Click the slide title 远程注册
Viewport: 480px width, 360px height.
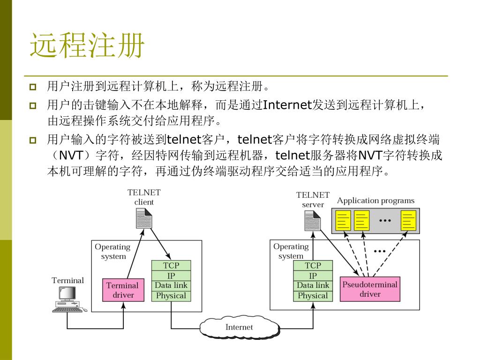(x=87, y=45)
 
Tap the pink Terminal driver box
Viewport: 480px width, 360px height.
(x=123, y=290)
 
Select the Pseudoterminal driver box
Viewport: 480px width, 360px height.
(x=370, y=289)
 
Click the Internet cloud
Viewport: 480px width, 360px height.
(x=239, y=327)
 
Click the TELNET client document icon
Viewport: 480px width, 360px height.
(x=144, y=218)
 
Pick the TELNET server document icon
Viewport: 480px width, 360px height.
(x=312, y=221)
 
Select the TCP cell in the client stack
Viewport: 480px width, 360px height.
(x=171, y=265)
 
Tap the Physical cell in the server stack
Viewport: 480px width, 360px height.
(x=313, y=296)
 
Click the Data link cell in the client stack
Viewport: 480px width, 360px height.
(x=171, y=285)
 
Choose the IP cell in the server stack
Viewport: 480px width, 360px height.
(x=313, y=276)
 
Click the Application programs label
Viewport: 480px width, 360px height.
(x=375, y=201)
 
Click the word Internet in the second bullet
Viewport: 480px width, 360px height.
(x=287, y=105)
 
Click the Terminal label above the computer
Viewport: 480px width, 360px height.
(x=67, y=280)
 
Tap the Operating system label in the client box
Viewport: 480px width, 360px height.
(x=112, y=251)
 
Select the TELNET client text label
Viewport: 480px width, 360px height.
(x=144, y=197)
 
